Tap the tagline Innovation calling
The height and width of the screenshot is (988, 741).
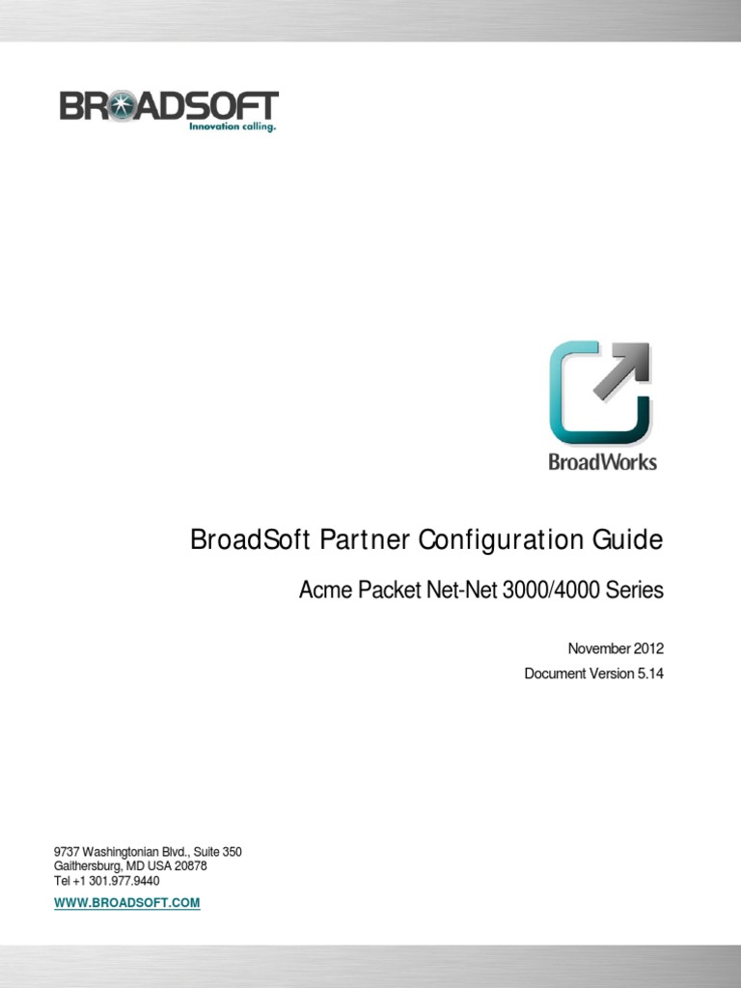pos(232,126)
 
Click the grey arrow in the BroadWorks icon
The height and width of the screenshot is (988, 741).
pos(620,371)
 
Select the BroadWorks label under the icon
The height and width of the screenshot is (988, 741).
pos(602,462)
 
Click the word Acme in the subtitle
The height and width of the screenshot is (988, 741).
pos(323,590)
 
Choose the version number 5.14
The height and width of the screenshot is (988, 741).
pos(649,673)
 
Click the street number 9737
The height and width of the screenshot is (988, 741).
pos(67,852)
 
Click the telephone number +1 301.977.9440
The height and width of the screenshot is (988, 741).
pos(116,881)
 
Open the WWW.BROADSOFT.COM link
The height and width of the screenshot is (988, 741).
pos(126,903)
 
